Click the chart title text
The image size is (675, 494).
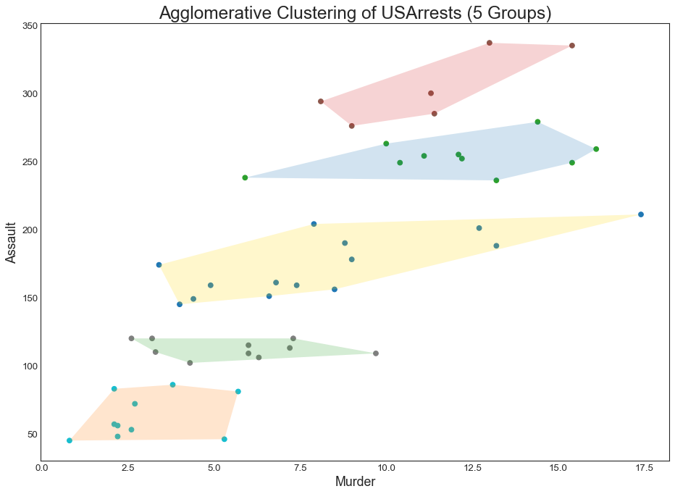356,13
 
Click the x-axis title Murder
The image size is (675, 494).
355,481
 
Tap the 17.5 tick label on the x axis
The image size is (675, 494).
640,468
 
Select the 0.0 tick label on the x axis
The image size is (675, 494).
41,468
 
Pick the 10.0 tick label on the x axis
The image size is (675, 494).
386,468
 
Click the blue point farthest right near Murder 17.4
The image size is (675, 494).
641,214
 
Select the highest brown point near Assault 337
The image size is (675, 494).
490,43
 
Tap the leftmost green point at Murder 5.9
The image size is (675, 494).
245,177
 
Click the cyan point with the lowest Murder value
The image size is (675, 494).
70,440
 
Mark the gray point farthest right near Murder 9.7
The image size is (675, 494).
376,353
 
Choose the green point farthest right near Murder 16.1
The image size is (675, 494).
596,149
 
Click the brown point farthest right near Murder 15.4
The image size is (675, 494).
572,46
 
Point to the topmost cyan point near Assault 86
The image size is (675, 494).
172,385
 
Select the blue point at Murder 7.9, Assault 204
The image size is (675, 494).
314,224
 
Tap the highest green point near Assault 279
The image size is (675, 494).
537,122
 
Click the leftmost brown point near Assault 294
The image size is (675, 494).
321,101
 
